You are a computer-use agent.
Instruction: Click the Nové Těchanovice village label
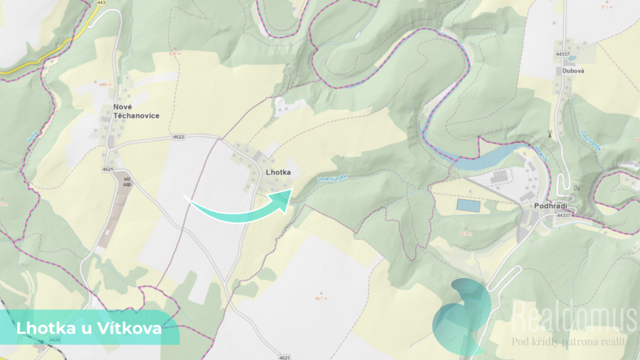click(136, 111)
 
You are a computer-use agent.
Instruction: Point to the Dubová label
click(567, 71)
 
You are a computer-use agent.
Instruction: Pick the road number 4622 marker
click(179, 136)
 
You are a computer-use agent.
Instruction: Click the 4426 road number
click(54, 339)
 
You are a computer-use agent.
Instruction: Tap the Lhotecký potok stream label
click(331, 178)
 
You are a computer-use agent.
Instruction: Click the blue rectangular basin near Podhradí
click(469, 204)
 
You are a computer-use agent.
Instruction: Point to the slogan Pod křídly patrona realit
click(569, 341)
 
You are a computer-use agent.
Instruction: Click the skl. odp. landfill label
click(127, 181)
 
